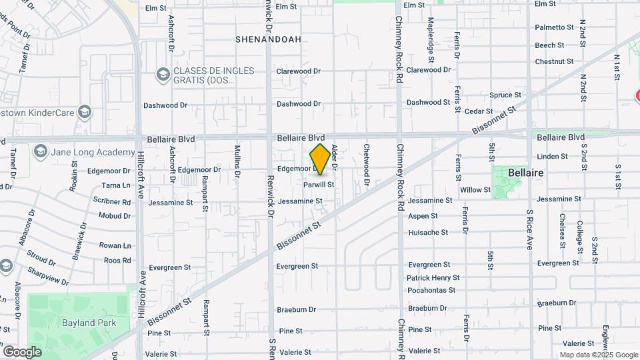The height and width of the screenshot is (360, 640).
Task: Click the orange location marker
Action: [x=320, y=159]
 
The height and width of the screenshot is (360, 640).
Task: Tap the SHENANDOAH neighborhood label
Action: [x=268, y=39]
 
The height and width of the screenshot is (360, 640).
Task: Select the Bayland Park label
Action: [x=89, y=323]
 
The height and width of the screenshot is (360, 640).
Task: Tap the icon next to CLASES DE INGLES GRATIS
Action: [x=163, y=75]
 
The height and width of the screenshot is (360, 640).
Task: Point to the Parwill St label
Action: [x=318, y=184]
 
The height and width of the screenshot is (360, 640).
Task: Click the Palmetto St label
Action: [x=554, y=27]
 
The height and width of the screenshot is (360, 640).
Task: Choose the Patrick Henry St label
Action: [x=433, y=277]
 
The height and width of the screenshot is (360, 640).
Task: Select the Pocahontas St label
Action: [x=431, y=290]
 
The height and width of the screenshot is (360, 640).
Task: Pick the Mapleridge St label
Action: [x=431, y=40]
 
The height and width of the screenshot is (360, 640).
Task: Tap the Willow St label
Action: [x=475, y=190]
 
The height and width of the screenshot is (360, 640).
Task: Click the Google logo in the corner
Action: [x=23, y=351]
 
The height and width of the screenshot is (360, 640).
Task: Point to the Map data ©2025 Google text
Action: [x=599, y=355]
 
